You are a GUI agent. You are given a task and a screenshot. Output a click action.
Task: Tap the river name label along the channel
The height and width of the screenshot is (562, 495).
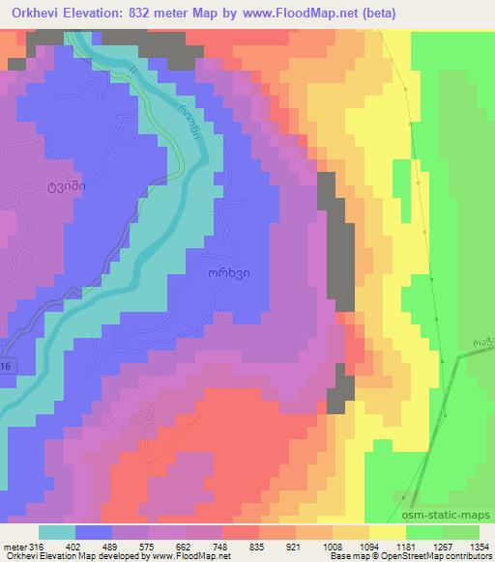coord(189,122)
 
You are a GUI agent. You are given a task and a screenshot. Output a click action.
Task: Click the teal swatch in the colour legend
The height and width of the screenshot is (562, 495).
coord(56,532)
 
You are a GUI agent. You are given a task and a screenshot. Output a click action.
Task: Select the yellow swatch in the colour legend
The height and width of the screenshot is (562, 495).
coord(386,532)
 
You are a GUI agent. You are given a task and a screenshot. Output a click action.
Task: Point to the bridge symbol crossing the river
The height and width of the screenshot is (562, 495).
coord(134,73)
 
